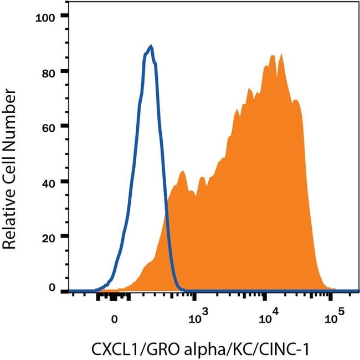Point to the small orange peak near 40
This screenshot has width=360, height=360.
(x=181, y=172)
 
